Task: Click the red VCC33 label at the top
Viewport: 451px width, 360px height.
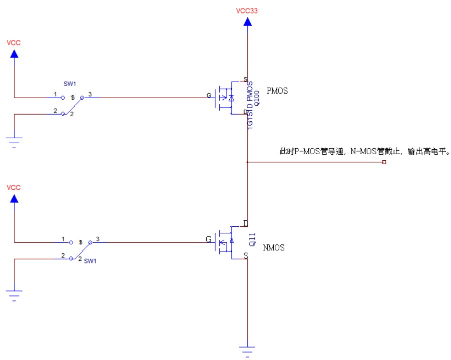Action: tap(247, 10)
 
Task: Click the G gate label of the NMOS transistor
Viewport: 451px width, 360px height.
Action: tap(209, 239)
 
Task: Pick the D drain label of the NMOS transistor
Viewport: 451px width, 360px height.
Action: tap(245, 223)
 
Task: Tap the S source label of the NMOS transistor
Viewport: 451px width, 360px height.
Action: tap(245, 256)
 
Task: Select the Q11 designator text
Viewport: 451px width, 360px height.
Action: tap(252, 239)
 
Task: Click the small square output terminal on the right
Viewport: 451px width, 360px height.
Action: tap(384, 162)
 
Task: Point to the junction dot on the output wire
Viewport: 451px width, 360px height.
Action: tap(247, 162)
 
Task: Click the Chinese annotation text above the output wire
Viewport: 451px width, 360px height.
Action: tap(364, 151)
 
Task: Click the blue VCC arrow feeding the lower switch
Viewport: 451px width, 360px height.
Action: tap(14, 199)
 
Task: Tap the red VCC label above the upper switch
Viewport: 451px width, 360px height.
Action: tap(14, 43)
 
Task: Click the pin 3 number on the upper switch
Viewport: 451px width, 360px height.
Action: tap(90, 94)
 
